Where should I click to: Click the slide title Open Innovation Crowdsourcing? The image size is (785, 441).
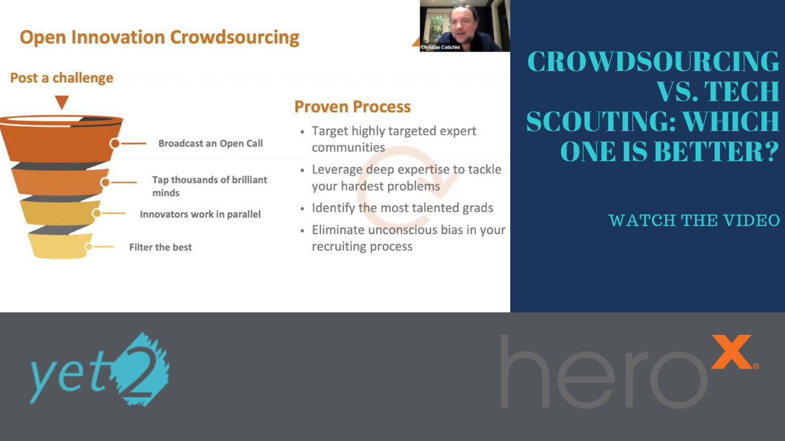(159, 37)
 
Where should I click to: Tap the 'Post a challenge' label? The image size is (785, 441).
(62, 78)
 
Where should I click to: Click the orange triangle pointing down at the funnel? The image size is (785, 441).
(61, 102)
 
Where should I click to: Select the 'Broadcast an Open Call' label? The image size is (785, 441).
(210, 143)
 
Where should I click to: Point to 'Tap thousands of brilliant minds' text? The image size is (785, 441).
(210, 186)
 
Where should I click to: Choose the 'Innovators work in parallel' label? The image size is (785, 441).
(200, 214)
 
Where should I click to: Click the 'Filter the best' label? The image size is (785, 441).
(160, 247)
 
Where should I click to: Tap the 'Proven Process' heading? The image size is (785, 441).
(353, 107)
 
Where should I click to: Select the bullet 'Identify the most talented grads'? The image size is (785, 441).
(402, 208)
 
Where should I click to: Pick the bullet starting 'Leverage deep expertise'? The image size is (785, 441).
(406, 178)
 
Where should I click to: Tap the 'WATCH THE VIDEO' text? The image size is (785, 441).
(694, 221)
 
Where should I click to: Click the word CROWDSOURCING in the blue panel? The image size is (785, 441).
(654, 62)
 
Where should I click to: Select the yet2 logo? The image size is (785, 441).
(99, 370)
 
